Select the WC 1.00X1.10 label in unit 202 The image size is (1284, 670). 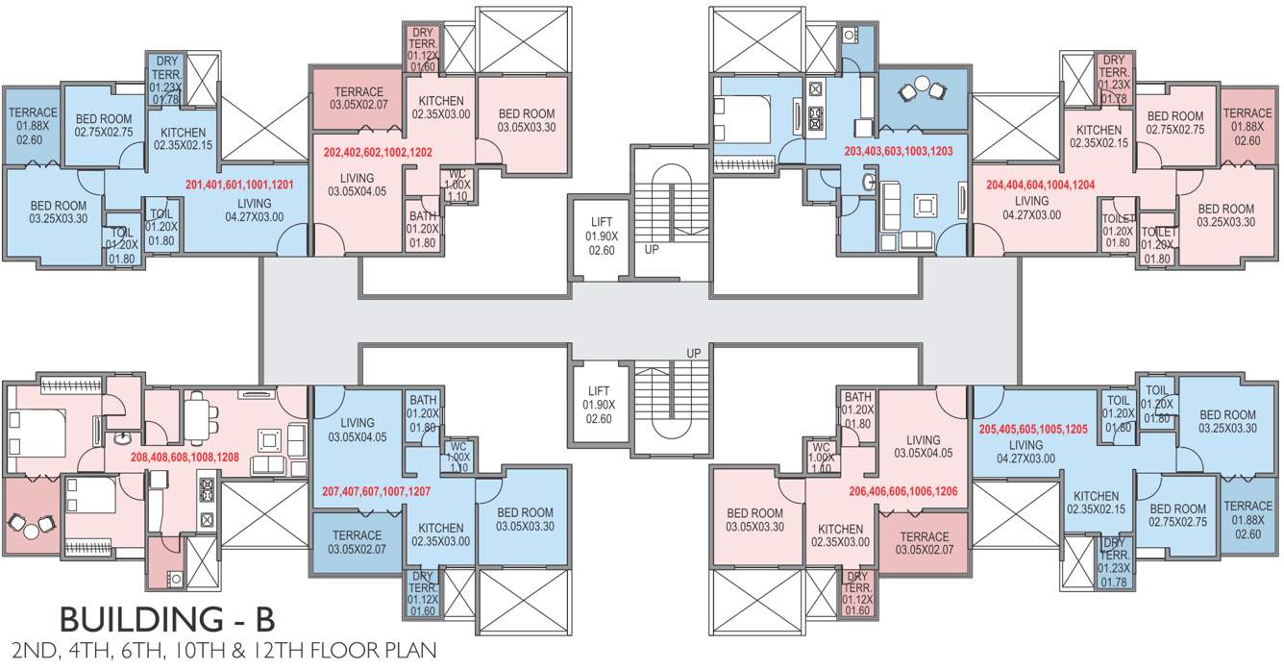pos(457,185)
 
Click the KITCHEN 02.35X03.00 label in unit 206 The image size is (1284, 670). pos(840,535)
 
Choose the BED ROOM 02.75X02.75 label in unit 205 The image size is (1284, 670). pos(1177,515)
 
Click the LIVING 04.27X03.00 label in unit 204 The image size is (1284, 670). pos(1031,208)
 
